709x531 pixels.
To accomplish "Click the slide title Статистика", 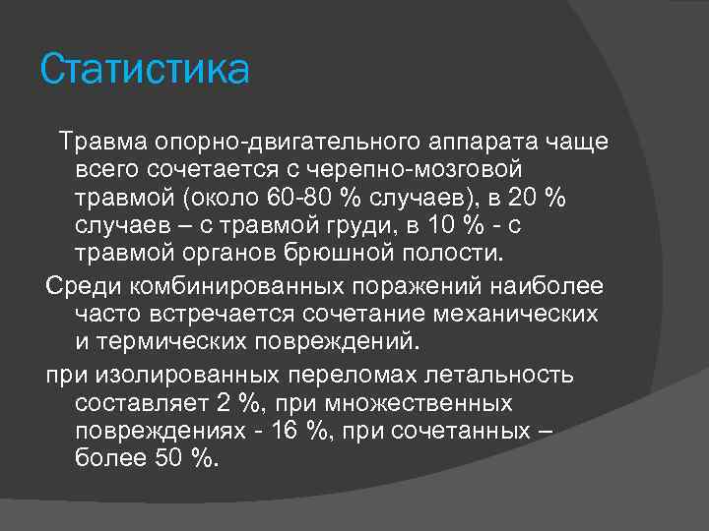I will [145, 71].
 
